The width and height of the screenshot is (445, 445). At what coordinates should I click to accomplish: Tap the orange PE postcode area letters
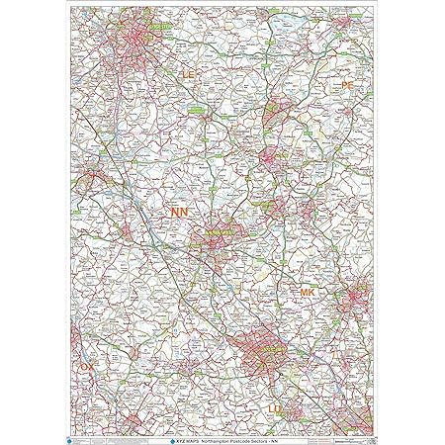click(347, 86)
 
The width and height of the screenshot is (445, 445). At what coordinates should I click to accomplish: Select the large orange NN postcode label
click(181, 213)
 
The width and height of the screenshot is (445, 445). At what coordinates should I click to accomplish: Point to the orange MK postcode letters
click(308, 294)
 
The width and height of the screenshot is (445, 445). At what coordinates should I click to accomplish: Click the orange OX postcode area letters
click(88, 366)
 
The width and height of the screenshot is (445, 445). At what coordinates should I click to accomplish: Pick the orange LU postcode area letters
click(277, 407)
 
